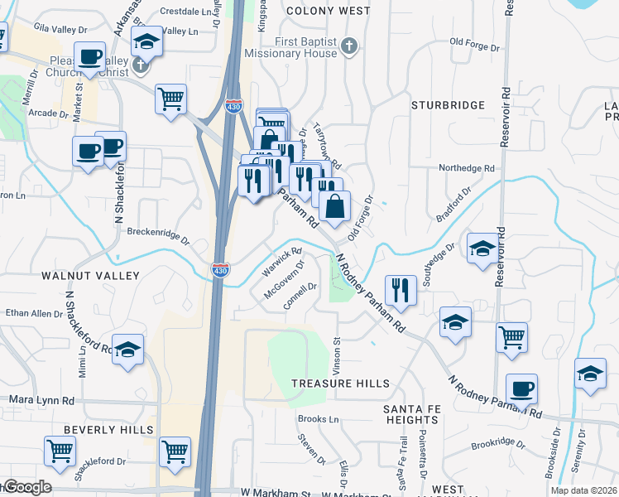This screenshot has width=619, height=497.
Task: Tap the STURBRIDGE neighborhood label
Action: pos(448,105)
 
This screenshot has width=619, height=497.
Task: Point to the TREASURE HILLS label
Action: pos(340,384)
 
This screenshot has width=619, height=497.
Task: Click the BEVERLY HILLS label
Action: pos(109,430)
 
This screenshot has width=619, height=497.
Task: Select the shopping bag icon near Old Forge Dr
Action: pos(334,207)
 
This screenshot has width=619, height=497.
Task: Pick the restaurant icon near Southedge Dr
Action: pos(401,290)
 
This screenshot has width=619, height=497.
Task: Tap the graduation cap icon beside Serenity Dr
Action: pos(589,374)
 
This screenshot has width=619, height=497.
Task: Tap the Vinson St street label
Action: pos(337,353)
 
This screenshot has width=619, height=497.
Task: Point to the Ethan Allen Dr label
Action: pos(34,313)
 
